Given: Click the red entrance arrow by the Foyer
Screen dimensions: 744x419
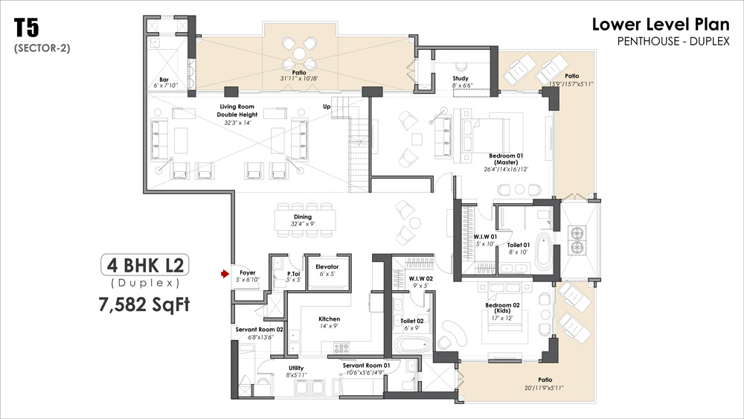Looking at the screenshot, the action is (x=225, y=274).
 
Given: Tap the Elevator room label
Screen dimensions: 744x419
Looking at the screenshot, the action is (x=327, y=266).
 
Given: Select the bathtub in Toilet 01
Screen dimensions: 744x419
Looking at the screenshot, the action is (x=542, y=251).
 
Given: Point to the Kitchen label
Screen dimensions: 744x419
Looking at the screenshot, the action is (x=329, y=319).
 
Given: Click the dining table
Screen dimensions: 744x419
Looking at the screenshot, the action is (x=305, y=220).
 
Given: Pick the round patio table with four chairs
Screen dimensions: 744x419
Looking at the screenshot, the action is (x=299, y=54).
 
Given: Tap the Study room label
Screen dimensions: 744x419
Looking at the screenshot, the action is (x=461, y=78).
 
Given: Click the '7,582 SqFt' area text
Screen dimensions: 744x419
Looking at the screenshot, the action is (x=144, y=304).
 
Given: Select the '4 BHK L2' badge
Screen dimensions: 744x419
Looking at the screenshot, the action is (x=145, y=265).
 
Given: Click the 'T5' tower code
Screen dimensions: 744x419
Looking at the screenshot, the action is (x=26, y=28).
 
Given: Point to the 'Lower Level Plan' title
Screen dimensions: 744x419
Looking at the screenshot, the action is (x=661, y=25).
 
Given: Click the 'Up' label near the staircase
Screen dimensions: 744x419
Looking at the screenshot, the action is (x=327, y=106).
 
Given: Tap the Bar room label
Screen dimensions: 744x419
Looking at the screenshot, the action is (x=164, y=80).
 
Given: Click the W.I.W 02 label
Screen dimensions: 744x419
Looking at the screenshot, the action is (x=421, y=278).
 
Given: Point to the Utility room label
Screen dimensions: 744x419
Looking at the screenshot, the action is (x=296, y=368).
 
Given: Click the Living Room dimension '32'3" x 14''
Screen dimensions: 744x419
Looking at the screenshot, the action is (x=237, y=123).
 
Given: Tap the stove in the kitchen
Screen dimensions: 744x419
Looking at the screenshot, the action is (x=341, y=348).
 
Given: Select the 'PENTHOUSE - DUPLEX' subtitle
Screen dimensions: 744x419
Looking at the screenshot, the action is (x=673, y=41).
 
